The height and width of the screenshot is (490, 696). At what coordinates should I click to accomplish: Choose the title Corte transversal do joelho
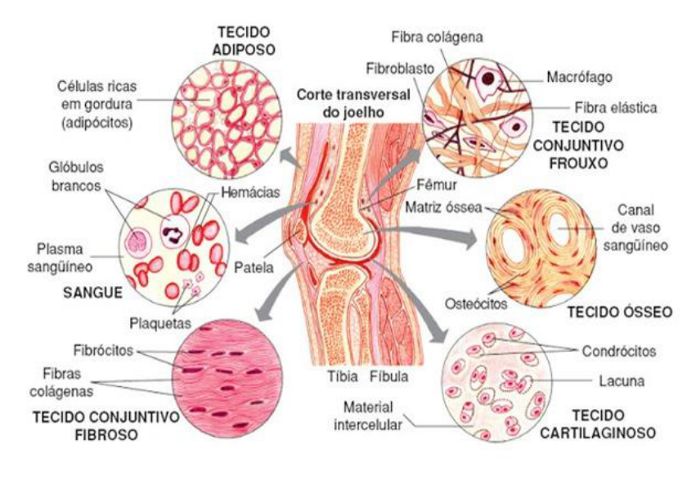pyautogui.click(x=340, y=101)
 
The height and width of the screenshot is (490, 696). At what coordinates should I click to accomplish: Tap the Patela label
pyautogui.click(x=253, y=267)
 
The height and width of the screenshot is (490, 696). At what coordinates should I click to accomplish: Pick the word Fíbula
pyautogui.click(x=388, y=377)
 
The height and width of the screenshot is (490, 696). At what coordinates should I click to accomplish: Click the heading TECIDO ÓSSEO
pyautogui.click(x=619, y=311)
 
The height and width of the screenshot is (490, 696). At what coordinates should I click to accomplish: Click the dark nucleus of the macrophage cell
pyautogui.click(x=487, y=79)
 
